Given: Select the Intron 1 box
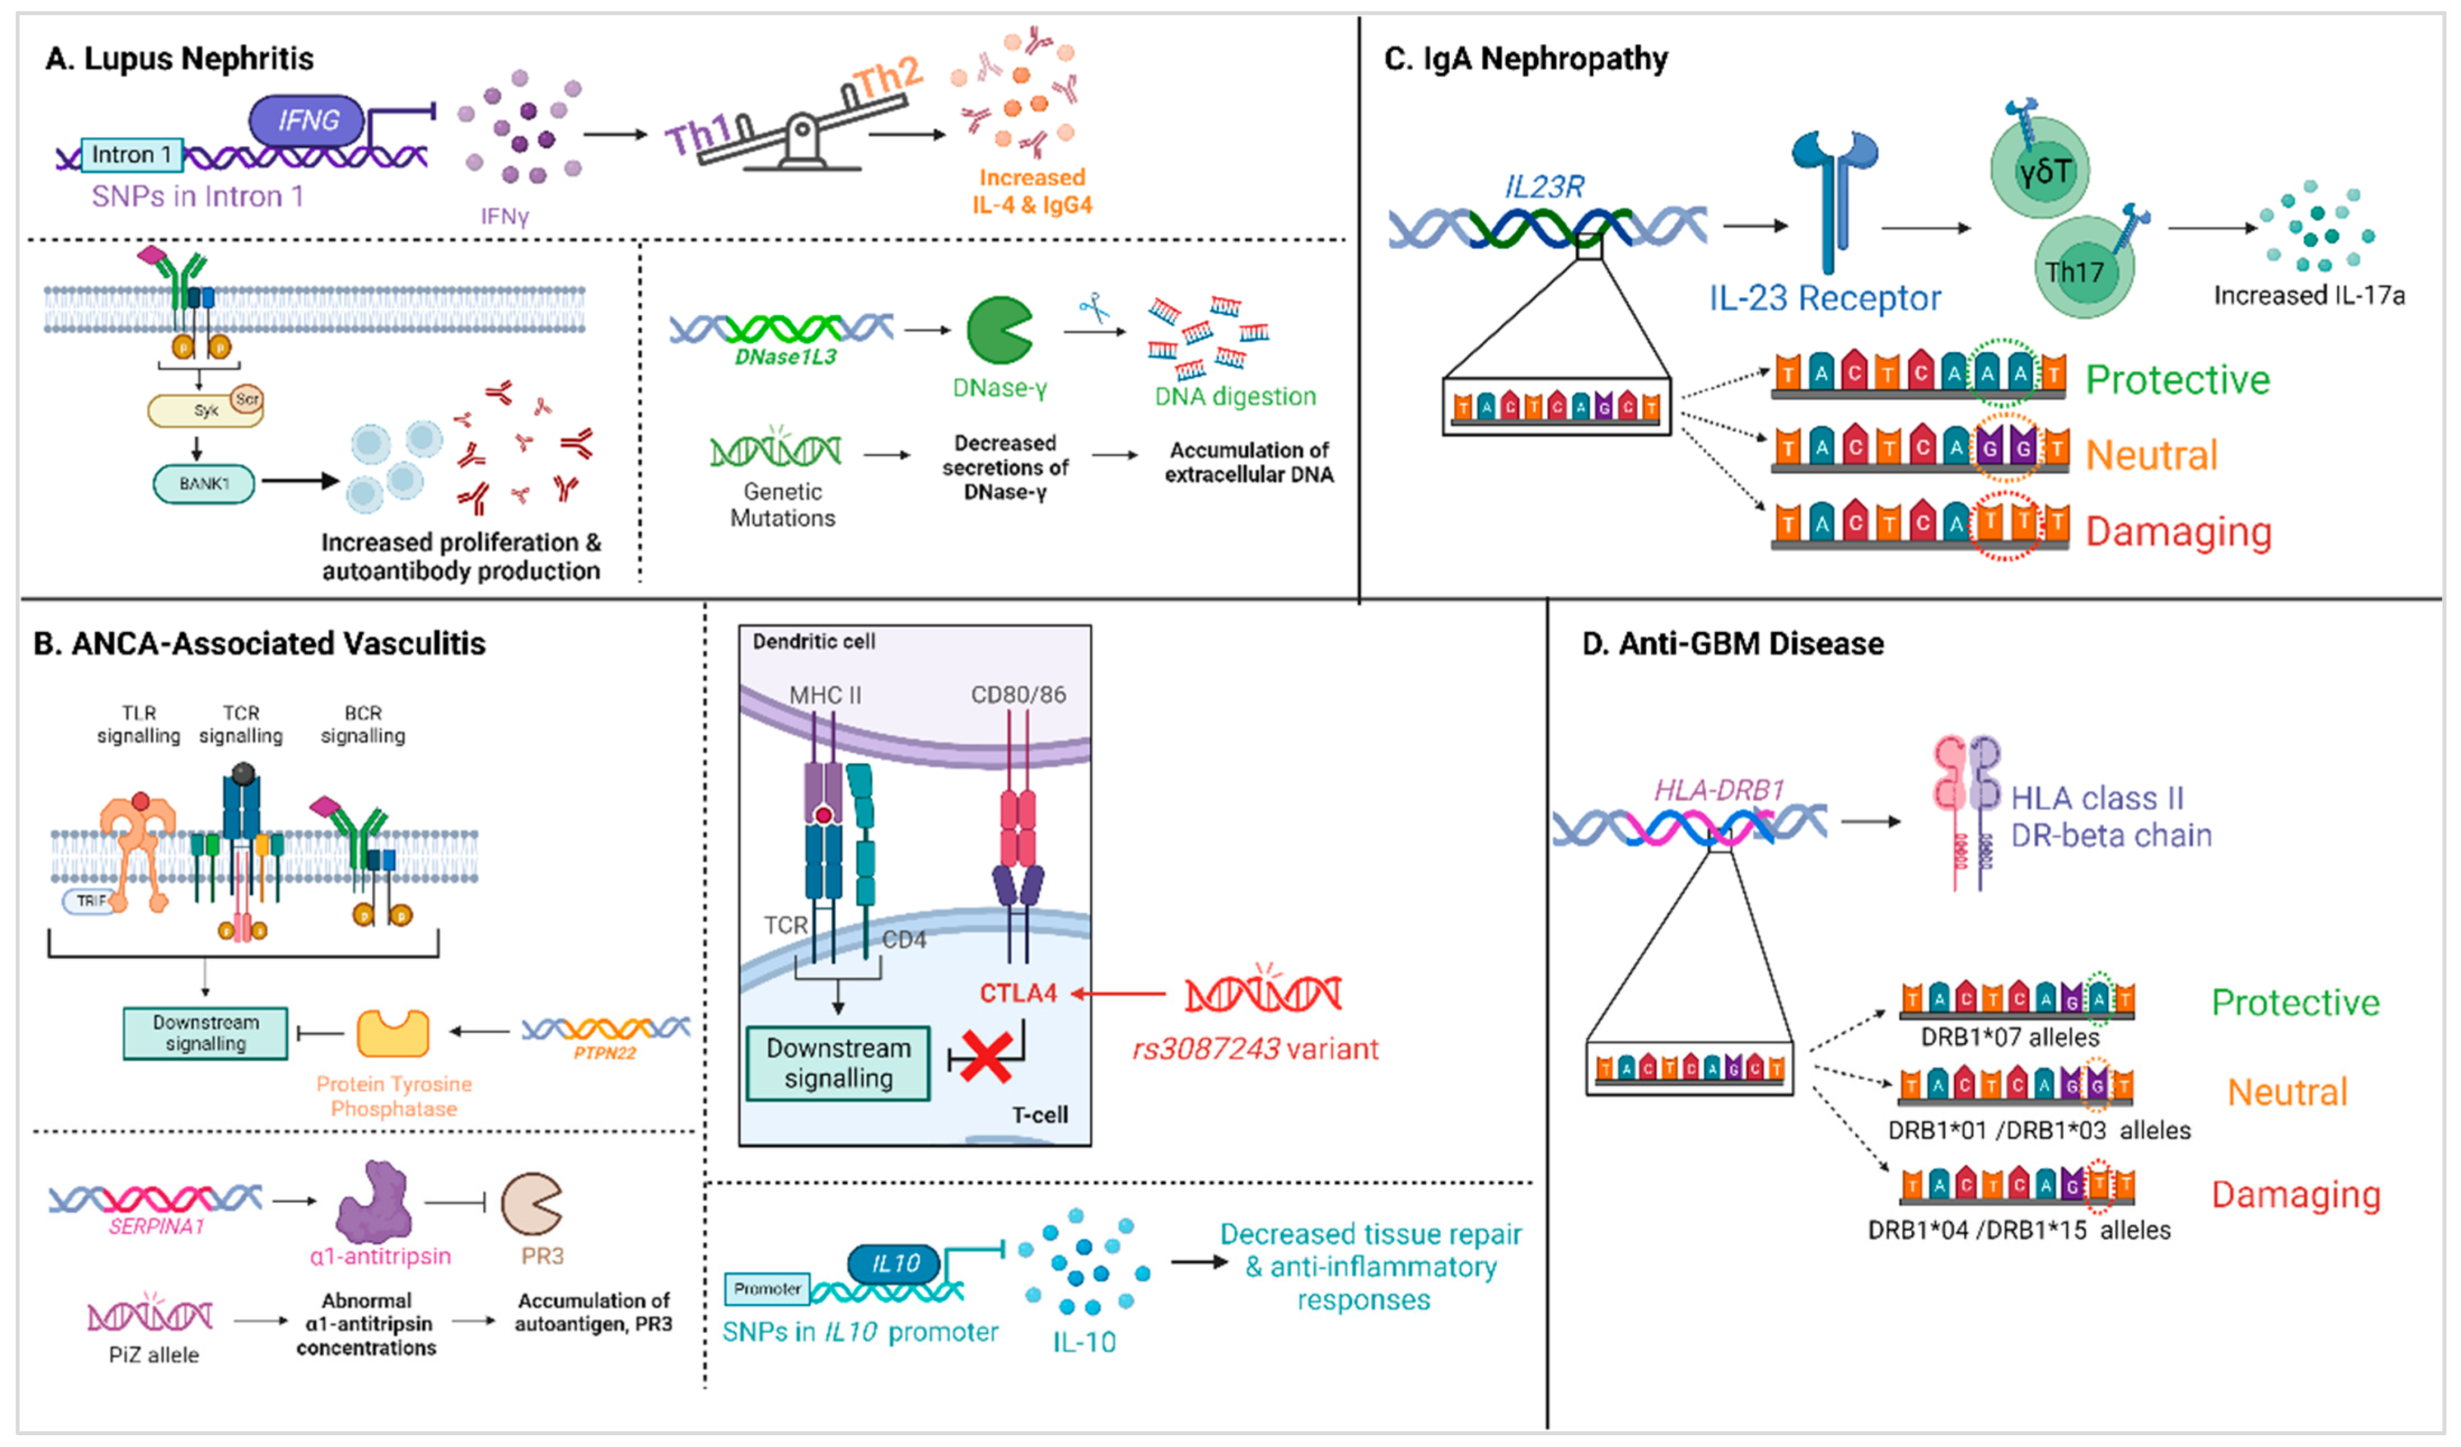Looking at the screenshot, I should click(x=131, y=154).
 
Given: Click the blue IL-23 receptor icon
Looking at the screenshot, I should click(x=1831, y=195).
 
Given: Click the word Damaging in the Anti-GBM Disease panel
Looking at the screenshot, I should click(x=2295, y=1194).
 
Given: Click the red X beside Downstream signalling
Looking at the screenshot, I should click(x=984, y=1057).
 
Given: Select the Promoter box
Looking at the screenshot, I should click(x=767, y=1289).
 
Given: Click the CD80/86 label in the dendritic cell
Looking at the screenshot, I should click(x=1017, y=694).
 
